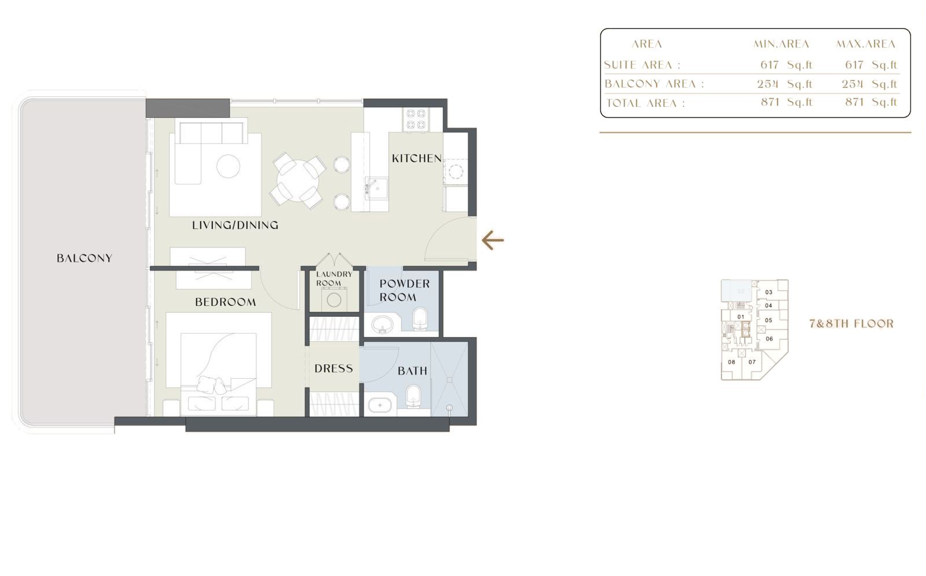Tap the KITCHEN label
tap(417, 159)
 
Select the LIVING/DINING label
tap(235, 225)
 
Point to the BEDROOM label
tap(225, 302)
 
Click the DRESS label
tap(334, 368)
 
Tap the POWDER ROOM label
tap(404, 290)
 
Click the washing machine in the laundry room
tap(334, 300)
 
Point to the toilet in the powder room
tap(420, 319)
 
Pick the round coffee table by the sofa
tap(228, 166)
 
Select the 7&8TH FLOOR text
tap(851, 324)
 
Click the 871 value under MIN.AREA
tap(770, 102)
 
